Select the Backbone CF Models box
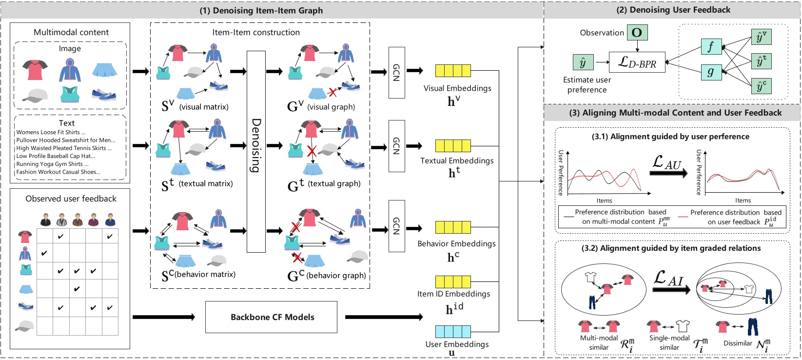pos(272,317)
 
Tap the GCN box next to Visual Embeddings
pos(396,72)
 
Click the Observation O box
pos(637,33)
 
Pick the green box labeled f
pos(711,47)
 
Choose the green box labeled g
pos(711,72)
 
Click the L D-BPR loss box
pos(637,62)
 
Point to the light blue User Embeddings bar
pos(453,332)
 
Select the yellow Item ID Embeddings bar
pos(453,281)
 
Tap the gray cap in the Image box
pos(35,96)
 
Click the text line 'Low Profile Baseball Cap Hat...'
pos(56,156)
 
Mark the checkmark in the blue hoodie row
pos(44,253)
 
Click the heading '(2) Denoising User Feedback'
pos(673,10)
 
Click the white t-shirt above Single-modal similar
pos(683,326)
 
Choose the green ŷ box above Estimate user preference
pos(583,62)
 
